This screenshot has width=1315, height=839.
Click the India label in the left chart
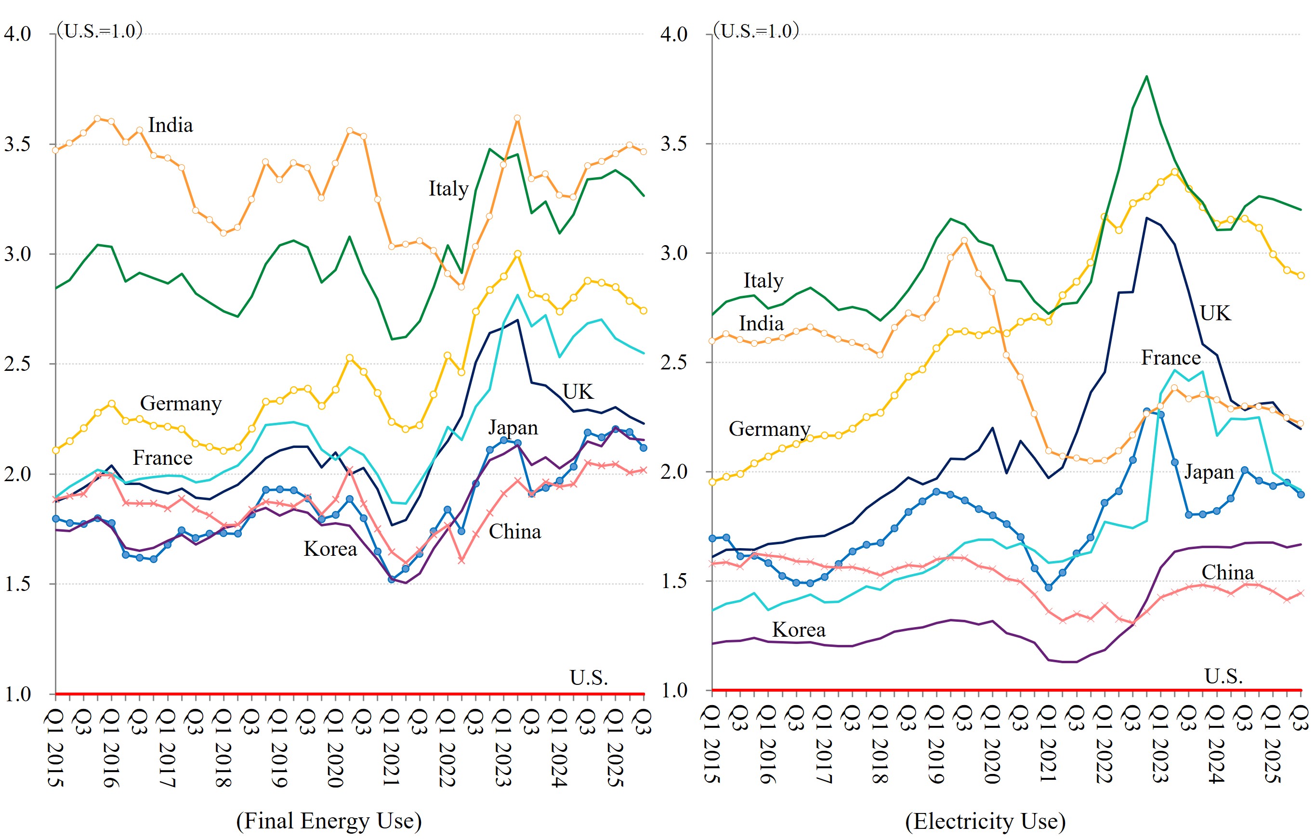[171, 126]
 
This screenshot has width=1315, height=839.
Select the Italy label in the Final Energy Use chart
[448, 189]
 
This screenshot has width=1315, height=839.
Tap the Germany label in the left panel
[181, 404]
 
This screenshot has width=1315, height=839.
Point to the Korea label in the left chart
[330, 549]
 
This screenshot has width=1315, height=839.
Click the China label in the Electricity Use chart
[1228, 572]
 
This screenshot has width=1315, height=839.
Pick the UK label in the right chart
[1216, 314]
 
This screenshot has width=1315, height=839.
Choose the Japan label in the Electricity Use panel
[1209, 472]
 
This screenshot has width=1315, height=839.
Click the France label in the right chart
[1171, 357]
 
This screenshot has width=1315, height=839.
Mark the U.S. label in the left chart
[589, 678]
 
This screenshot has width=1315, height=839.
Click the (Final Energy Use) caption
[329, 820]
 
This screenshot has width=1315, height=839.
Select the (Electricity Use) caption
[985, 820]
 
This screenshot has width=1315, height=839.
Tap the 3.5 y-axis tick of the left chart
[17, 144]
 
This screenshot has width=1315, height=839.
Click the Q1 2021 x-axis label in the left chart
[391, 747]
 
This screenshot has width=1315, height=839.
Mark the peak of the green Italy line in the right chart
[1146, 77]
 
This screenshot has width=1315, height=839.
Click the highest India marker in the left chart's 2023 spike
[517, 118]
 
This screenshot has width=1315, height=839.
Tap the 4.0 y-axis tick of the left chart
[17, 34]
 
